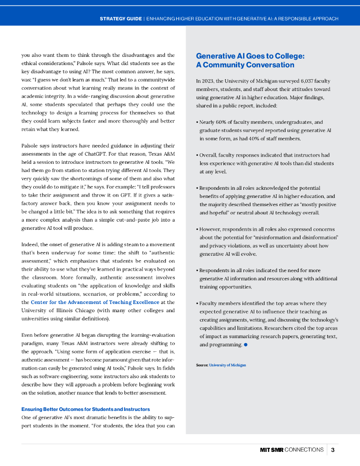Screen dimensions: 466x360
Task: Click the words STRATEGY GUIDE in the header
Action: click(120, 19)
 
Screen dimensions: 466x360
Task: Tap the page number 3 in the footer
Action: click(333, 450)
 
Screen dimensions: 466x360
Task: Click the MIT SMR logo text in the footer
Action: click(271, 450)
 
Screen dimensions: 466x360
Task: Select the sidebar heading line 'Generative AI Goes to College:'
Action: click(250, 56)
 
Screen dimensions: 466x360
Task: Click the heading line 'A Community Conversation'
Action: click(245, 65)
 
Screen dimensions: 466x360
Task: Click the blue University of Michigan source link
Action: click(227, 365)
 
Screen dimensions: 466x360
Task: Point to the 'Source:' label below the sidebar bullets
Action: click(202, 365)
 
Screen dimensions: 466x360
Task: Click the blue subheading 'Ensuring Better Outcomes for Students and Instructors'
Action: click(86, 409)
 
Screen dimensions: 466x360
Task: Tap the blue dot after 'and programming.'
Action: click(245, 345)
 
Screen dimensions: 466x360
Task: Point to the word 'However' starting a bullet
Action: click(212, 229)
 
